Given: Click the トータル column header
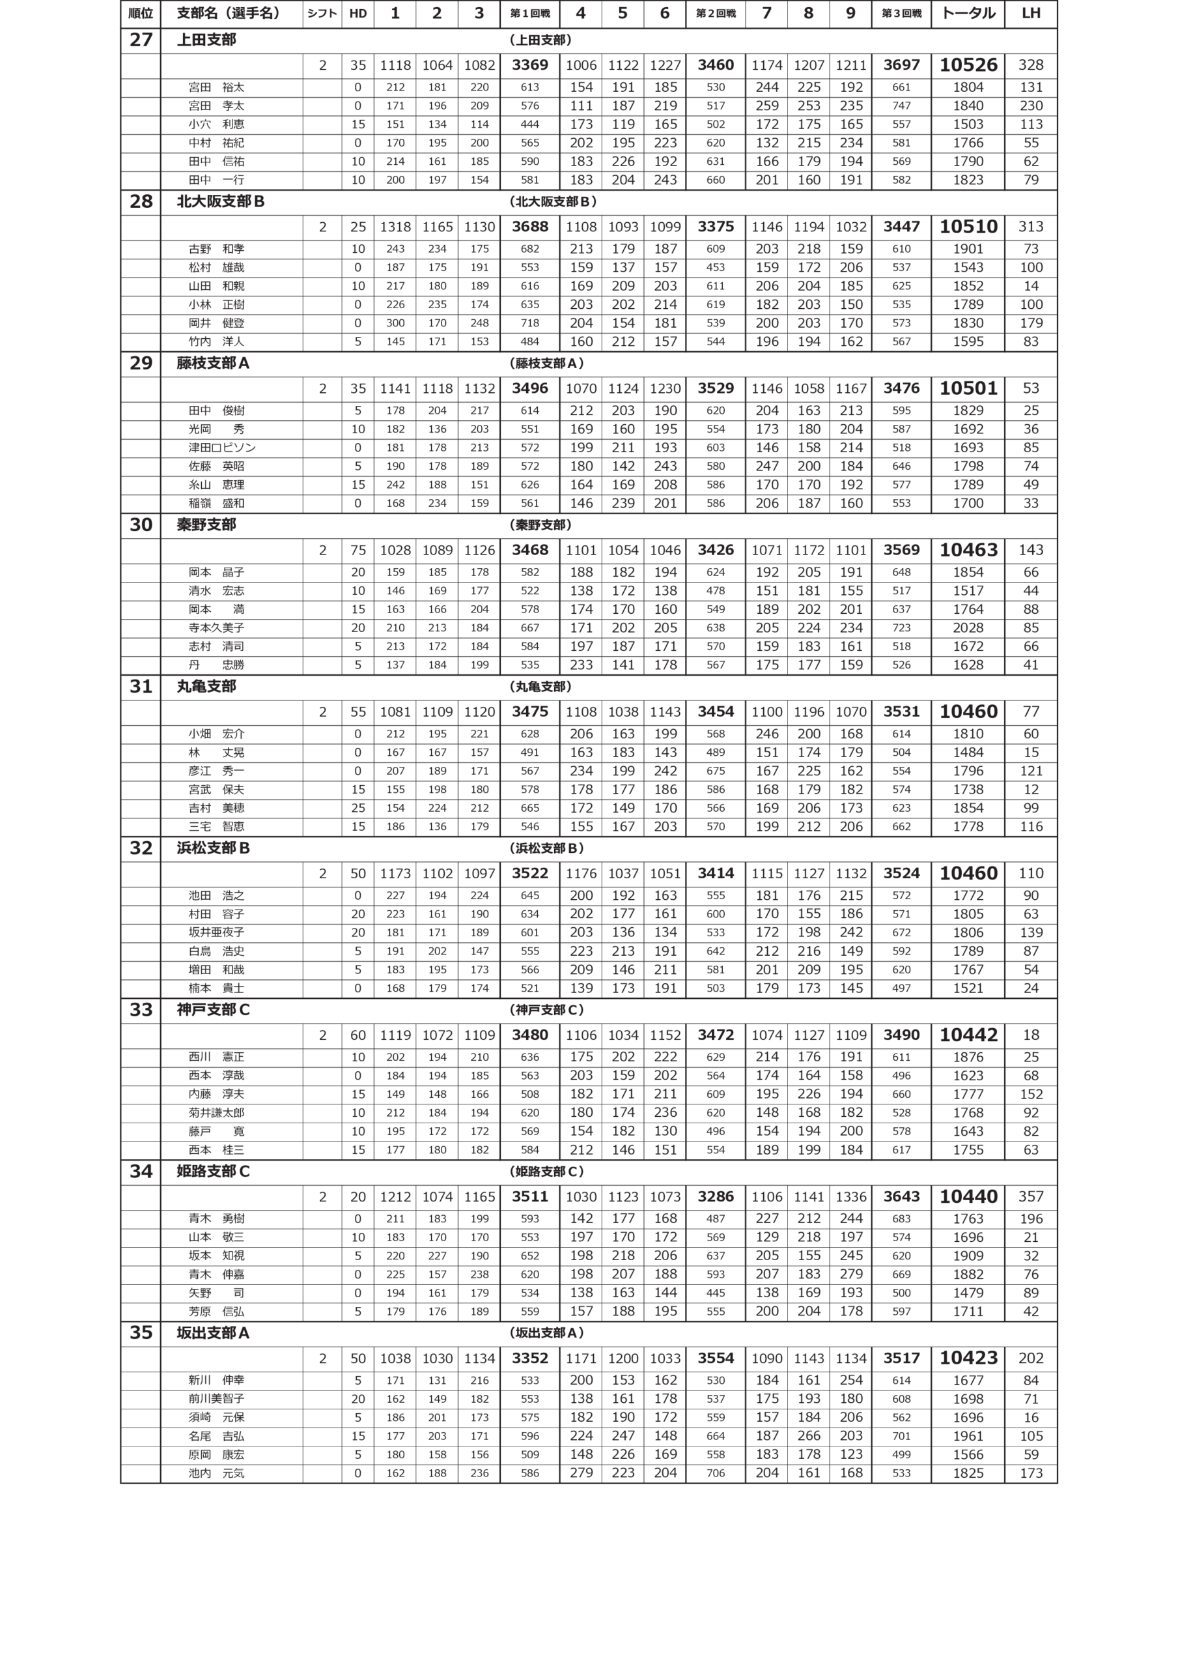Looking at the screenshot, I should click(x=968, y=14).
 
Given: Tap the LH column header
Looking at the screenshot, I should click(x=1031, y=14).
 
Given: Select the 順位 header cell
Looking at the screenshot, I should click(x=140, y=14).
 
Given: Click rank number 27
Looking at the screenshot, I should click(x=140, y=40).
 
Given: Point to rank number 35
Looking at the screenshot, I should click(x=140, y=1332).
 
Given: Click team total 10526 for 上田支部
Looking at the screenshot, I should click(x=968, y=65).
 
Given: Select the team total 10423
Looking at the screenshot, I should click(x=968, y=1358).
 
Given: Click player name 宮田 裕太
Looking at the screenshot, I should click(x=216, y=87).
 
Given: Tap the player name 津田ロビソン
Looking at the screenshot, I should click(x=221, y=448).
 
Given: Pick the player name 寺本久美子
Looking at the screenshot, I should click(x=216, y=627).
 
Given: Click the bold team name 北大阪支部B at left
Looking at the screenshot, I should click(x=220, y=201).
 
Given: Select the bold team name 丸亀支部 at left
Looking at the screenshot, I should click(x=206, y=686).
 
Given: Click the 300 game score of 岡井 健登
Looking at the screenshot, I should click(x=395, y=323).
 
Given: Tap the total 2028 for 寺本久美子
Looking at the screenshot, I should click(x=968, y=627).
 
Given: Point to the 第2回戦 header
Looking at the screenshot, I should click(x=716, y=14).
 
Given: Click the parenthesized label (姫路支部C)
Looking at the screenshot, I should click(x=548, y=1171).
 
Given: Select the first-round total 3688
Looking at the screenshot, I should click(x=529, y=227).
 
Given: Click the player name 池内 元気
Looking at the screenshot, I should click(x=216, y=1473).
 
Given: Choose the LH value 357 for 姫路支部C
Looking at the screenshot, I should click(x=1031, y=1196).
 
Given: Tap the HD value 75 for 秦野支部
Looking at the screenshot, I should click(x=358, y=550).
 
